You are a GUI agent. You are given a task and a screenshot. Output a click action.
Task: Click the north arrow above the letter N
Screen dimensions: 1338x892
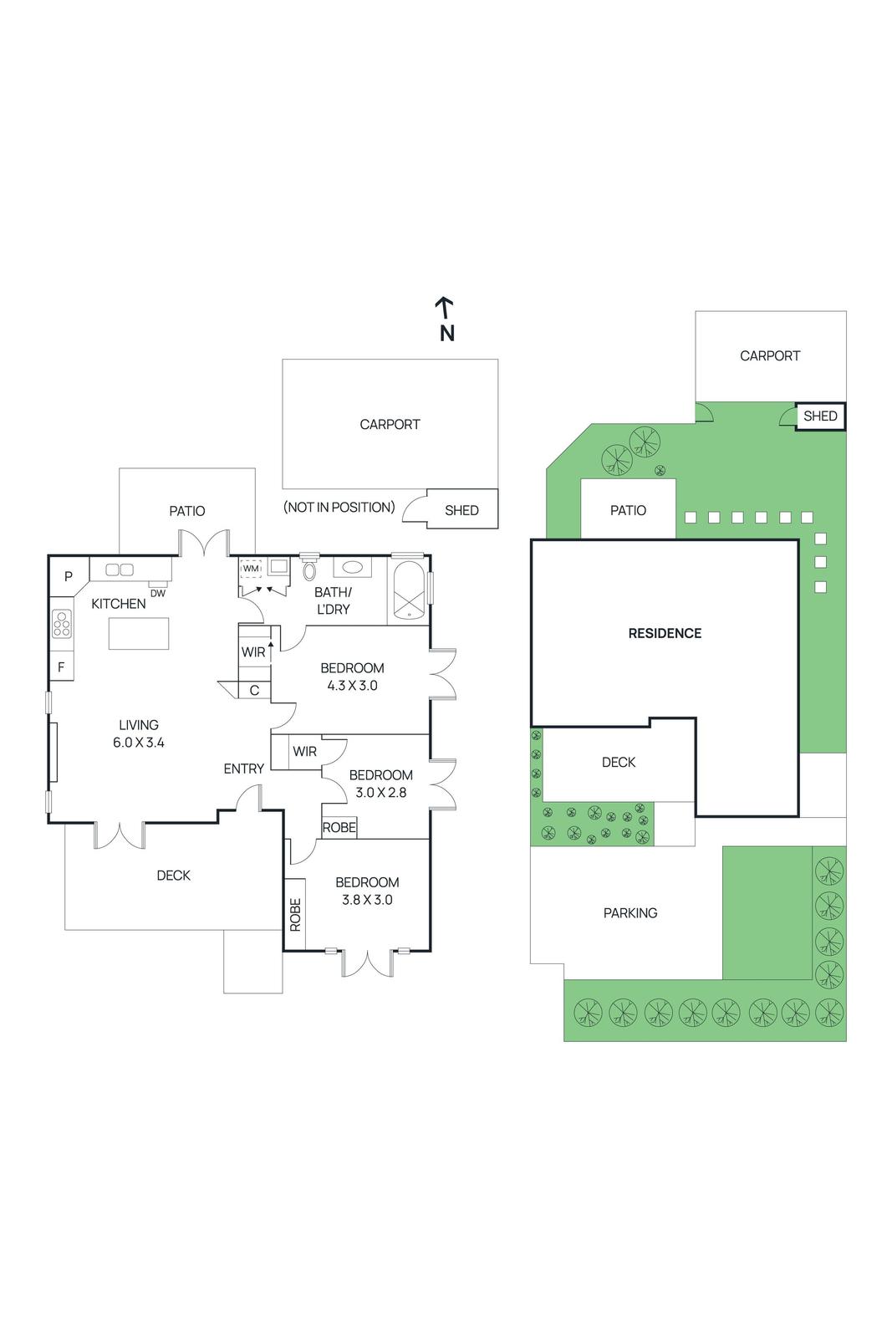[445, 307]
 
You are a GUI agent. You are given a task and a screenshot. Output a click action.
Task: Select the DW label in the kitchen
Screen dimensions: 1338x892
[157, 593]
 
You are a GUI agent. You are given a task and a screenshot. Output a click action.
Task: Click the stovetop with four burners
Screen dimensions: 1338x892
[62, 624]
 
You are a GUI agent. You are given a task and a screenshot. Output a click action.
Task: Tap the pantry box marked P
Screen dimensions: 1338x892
[69, 576]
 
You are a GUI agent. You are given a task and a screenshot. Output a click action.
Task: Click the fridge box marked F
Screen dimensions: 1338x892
[61, 667]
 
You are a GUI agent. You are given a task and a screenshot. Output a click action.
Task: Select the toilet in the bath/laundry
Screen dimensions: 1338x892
[309, 571]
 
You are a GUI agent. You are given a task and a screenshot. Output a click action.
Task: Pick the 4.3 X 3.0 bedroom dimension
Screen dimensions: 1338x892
[352, 686]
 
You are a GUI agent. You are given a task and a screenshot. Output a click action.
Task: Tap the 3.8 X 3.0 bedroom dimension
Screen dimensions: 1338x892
[367, 900]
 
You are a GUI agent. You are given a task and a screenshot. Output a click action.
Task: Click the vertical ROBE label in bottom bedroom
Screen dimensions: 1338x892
[295, 915]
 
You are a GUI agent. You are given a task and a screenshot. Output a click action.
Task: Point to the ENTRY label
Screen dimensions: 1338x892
[243, 769]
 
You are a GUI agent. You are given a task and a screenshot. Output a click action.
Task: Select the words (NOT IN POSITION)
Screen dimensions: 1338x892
[339, 507]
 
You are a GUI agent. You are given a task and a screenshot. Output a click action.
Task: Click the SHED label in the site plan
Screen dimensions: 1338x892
[819, 416]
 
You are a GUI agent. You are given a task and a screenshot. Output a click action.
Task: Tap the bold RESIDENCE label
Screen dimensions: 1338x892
[665, 633]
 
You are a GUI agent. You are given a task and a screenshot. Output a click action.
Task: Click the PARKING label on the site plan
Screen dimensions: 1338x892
[629, 913]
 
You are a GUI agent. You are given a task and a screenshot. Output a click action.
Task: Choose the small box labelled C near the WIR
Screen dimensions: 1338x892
[254, 690]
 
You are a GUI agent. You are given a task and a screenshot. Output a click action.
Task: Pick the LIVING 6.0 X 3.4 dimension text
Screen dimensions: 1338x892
[139, 742]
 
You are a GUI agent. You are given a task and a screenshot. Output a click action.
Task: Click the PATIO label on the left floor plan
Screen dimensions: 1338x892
[186, 511]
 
